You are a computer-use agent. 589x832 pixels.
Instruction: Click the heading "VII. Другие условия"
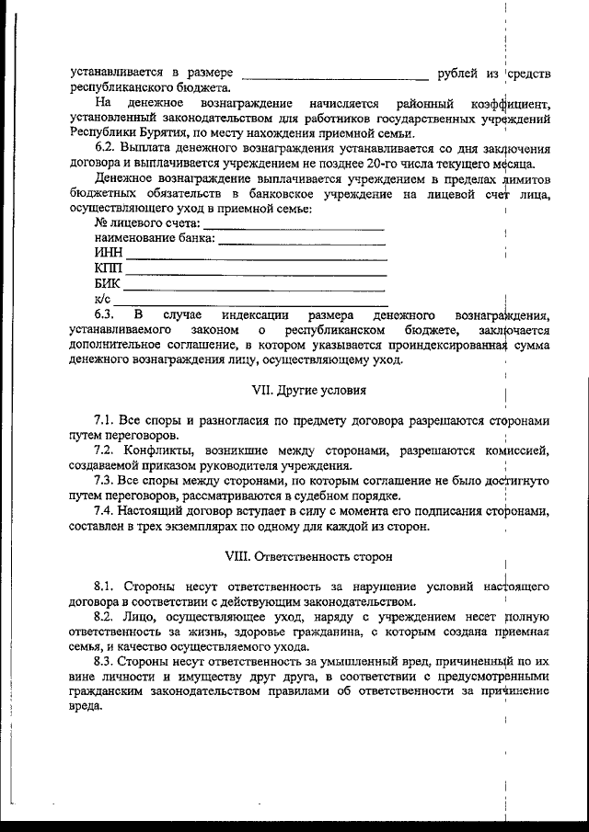click(309, 390)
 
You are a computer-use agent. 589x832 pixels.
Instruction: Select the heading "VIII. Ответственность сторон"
click(309, 556)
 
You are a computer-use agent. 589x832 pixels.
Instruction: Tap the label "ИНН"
click(108, 253)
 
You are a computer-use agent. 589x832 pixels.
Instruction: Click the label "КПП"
click(108, 268)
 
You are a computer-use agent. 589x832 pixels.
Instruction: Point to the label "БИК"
click(108, 283)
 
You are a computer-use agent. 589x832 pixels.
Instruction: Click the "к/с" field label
click(102, 299)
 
